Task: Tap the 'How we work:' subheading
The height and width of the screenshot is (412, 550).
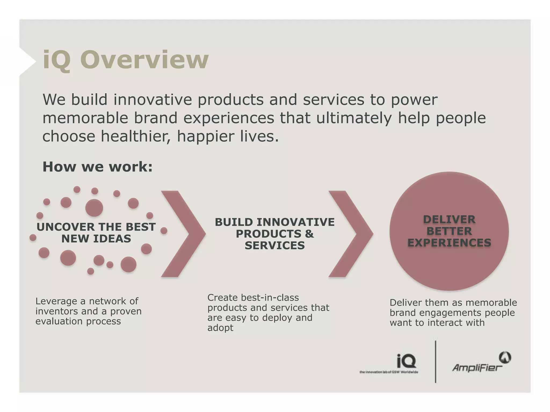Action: pyautogui.click(x=97, y=167)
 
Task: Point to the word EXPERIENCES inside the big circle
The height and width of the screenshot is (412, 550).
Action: pyautogui.click(x=449, y=243)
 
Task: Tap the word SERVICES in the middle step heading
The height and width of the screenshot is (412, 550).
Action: pyautogui.click(x=275, y=245)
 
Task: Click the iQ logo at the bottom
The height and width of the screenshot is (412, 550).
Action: pyautogui.click(x=406, y=361)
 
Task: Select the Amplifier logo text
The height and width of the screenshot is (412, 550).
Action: pyautogui.click(x=477, y=367)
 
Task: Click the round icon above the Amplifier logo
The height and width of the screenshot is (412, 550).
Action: pyautogui.click(x=505, y=358)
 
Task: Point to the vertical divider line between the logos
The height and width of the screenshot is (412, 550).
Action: pyautogui.click(x=435, y=362)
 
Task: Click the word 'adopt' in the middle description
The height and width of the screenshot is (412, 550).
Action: pyautogui.click(x=220, y=328)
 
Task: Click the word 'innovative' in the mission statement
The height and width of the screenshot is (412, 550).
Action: pyautogui.click(x=153, y=100)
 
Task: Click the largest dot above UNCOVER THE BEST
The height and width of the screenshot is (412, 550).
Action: pyautogui.click(x=94, y=208)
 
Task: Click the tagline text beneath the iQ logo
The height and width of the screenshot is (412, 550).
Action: pyautogui.click(x=389, y=372)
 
